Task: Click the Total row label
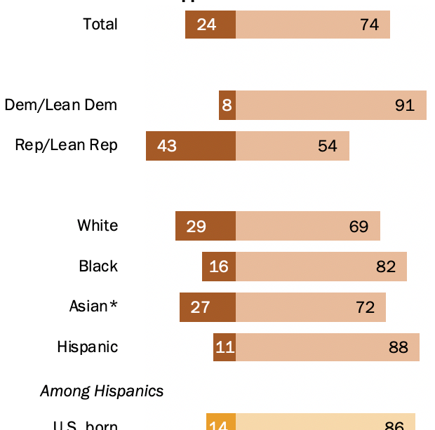pyautogui.click(x=100, y=25)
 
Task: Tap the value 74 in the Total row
pyautogui.click(x=369, y=25)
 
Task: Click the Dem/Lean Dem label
pyautogui.click(x=61, y=105)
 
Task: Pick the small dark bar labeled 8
pyautogui.click(x=227, y=105)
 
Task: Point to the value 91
pyautogui.click(x=405, y=105)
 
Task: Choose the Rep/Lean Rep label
pyautogui.click(x=67, y=145)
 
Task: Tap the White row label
pyautogui.click(x=98, y=226)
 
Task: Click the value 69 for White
pyautogui.click(x=359, y=226)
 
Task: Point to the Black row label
pyautogui.click(x=98, y=267)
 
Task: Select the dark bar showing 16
pyautogui.click(x=219, y=267)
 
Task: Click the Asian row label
pyautogui.click(x=93, y=307)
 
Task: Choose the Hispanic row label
pyautogui.click(x=88, y=347)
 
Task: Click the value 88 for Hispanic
pyautogui.click(x=399, y=347)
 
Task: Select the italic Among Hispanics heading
pyautogui.click(x=102, y=391)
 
